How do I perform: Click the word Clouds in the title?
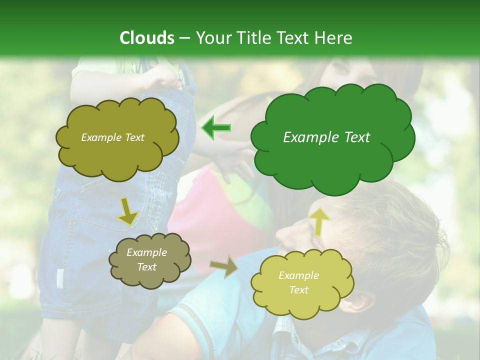(x=147, y=38)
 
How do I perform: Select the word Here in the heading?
(x=333, y=38)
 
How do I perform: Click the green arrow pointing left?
(x=216, y=128)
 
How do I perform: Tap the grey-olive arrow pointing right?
(x=223, y=266)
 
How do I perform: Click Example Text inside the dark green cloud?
(x=326, y=137)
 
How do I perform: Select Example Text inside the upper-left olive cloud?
(x=112, y=137)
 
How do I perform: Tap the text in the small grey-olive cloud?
(x=147, y=260)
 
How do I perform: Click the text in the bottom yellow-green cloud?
(x=298, y=282)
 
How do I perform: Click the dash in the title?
(x=184, y=38)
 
